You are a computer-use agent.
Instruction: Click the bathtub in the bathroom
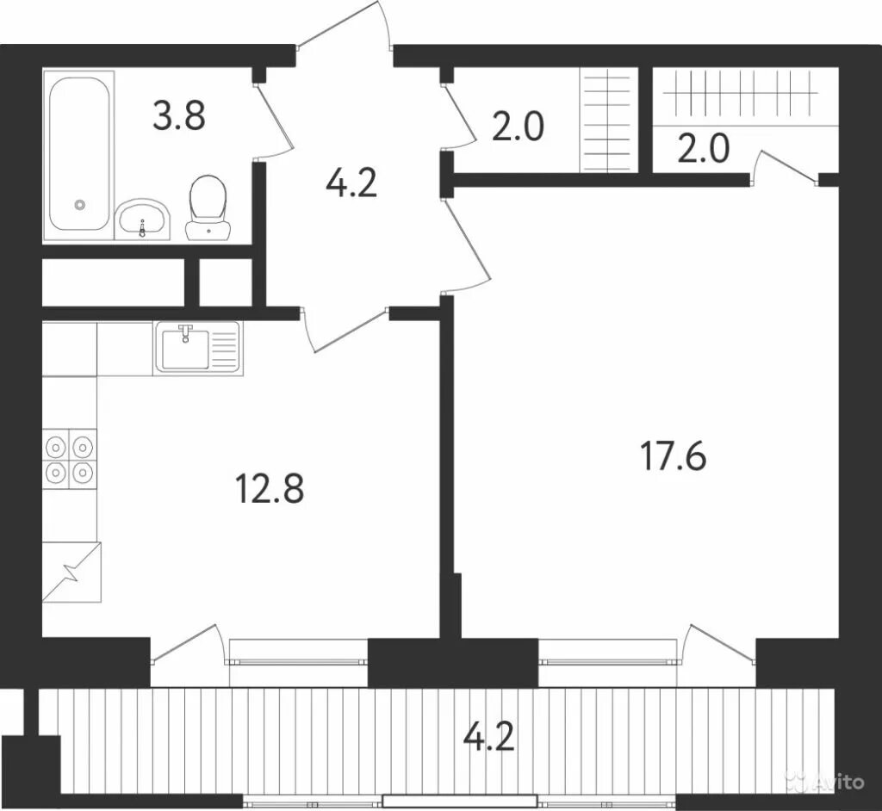tap(78, 154)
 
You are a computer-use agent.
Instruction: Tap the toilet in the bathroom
tap(208, 208)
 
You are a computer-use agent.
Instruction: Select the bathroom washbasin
tap(143, 220)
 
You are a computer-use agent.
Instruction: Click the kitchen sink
tap(198, 348)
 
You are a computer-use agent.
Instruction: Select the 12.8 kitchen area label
tap(270, 487)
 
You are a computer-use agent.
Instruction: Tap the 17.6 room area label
tap(673, 456)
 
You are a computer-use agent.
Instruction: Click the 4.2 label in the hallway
tap(351, 182)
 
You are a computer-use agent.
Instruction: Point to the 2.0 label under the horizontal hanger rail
tap(703, 148)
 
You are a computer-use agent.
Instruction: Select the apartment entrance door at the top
tap(345, 28)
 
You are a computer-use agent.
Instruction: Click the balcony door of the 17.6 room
tap(722, 645)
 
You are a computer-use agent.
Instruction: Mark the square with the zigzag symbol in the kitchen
tap(71, 572)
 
